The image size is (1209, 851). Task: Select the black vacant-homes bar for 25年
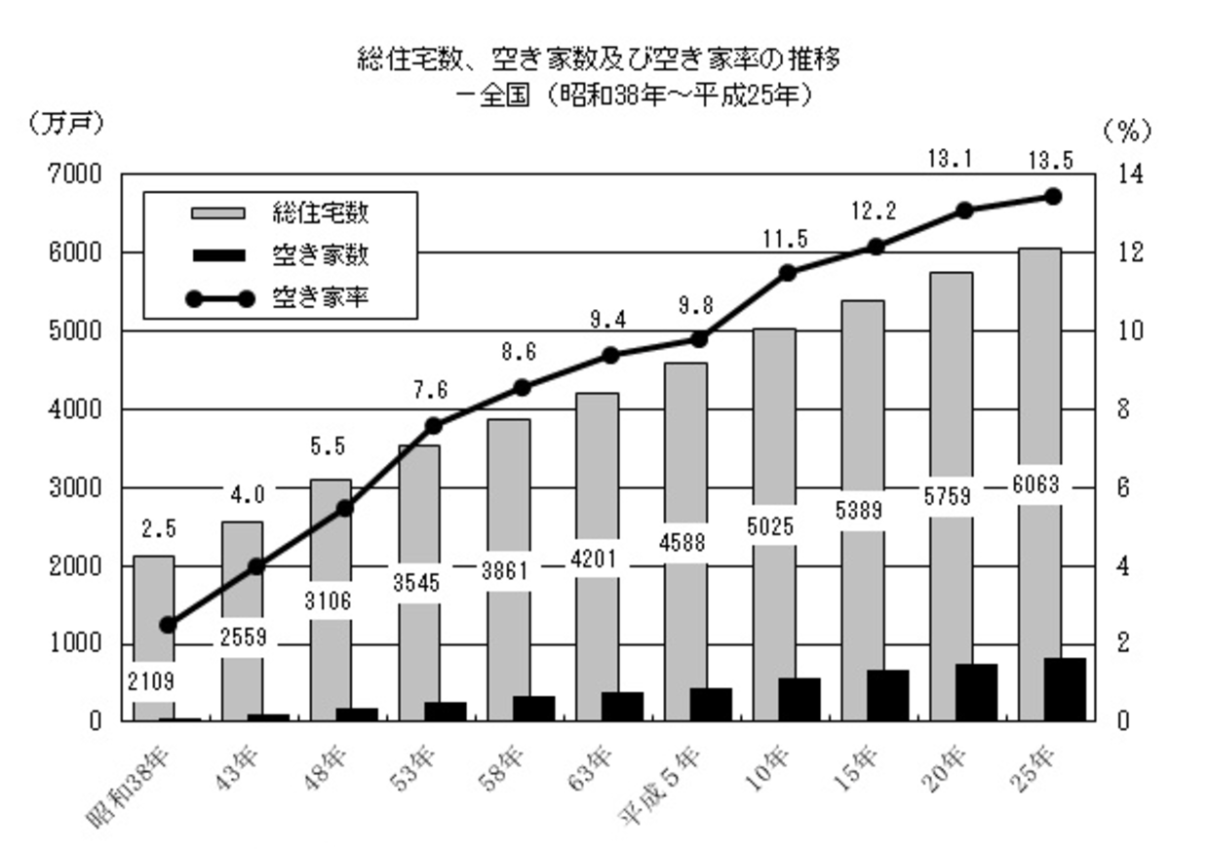pos(1064,689)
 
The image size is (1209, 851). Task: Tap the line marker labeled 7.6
pos(435,426)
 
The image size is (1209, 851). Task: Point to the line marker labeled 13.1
pos(964,211)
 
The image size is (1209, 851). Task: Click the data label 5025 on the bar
pos(772,528)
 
